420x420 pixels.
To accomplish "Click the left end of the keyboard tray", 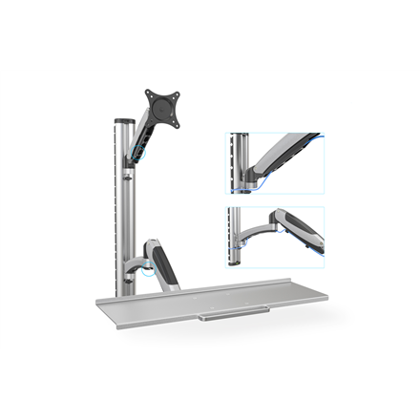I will (x=100, y=304).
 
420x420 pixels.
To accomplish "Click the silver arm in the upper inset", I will (x=286, y=153).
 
